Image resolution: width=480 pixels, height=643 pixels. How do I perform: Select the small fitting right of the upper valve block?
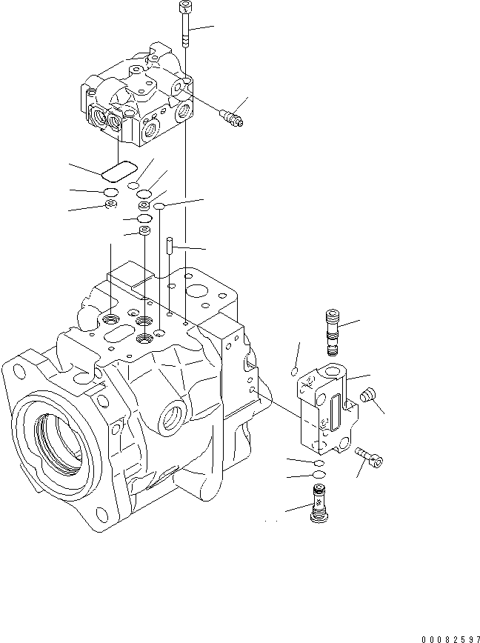230,116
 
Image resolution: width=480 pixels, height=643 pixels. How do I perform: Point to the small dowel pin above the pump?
170,244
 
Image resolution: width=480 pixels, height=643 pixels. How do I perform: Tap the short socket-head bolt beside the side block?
370,458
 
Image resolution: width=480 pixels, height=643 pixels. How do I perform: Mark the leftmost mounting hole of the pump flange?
18,367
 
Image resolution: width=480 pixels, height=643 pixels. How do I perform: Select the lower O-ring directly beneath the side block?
318,474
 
